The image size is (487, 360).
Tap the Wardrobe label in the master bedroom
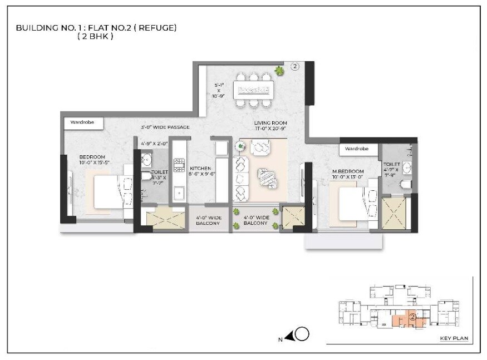[x=357, y=149]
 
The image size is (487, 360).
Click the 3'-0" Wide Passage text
[x=165, y=127]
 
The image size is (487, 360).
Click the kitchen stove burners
[x=179, y=165]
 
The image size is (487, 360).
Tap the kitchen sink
[x=179, y=193]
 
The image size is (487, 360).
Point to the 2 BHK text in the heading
[x=96, y=37]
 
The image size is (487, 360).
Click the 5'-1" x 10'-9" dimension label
[x=220, y=91]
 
